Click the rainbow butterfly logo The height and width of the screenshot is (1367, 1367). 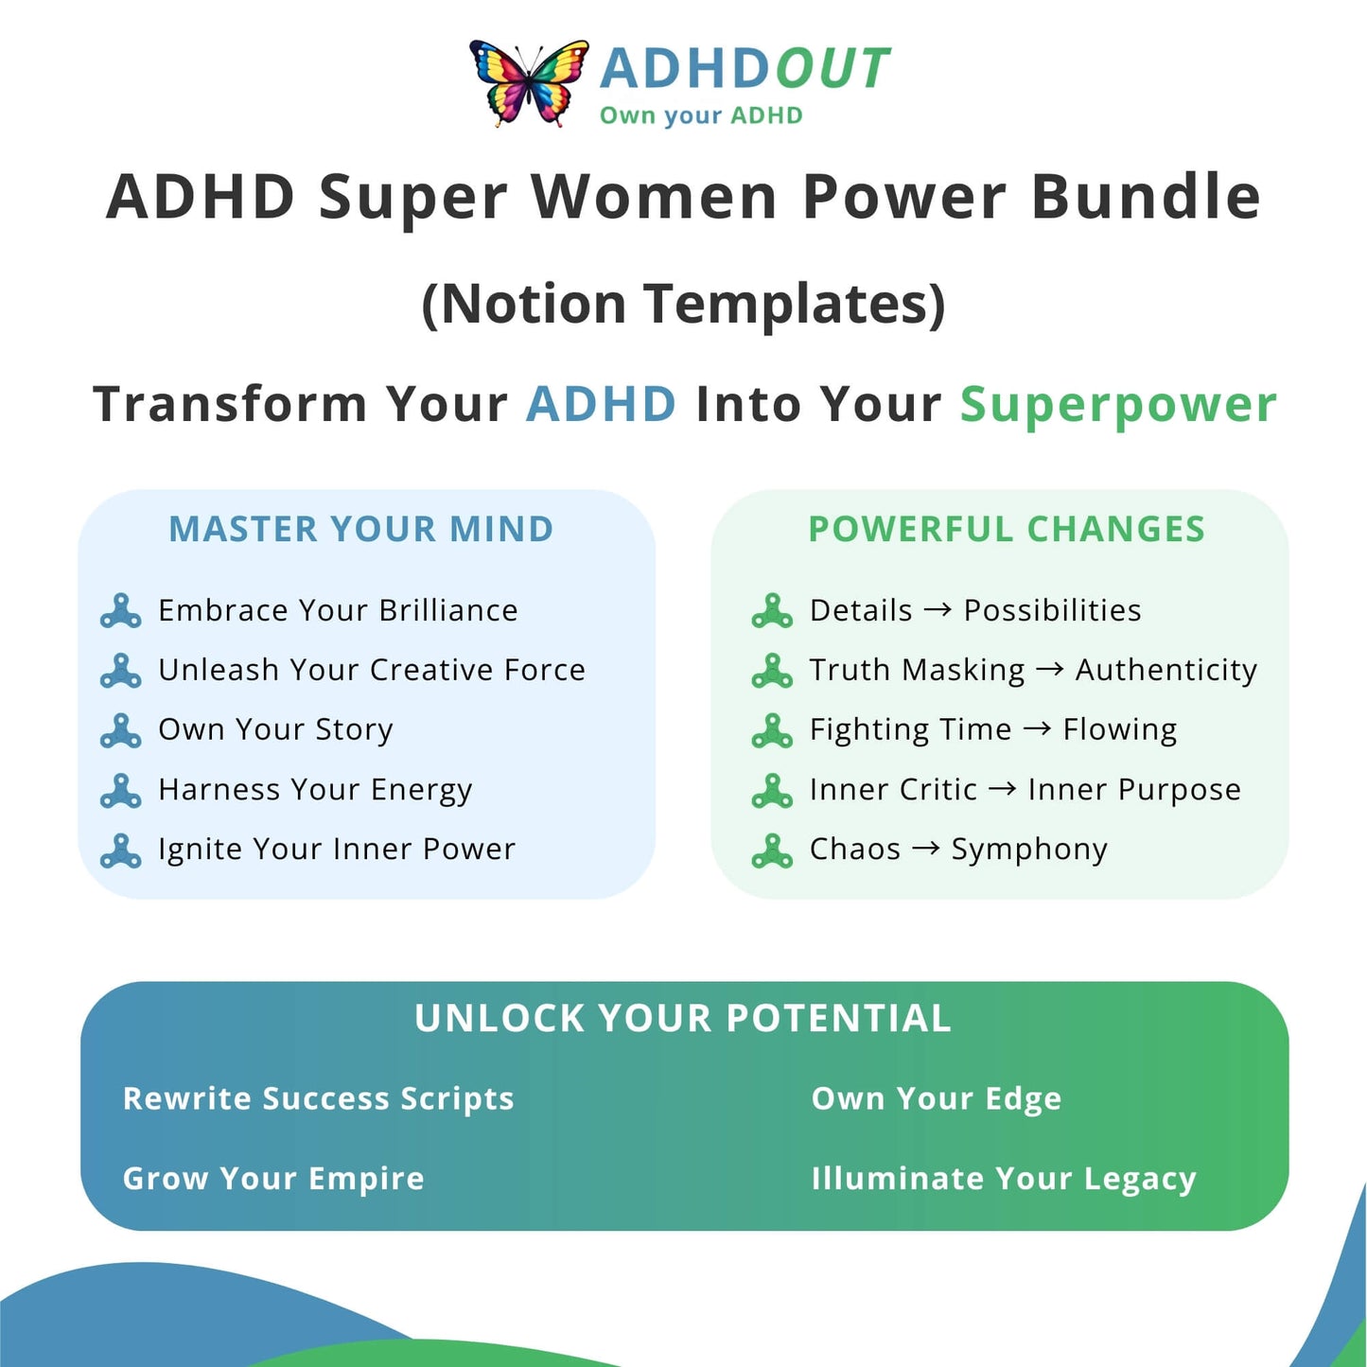point(529,83)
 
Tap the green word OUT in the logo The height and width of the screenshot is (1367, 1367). point(832,69)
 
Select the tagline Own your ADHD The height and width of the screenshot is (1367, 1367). point(701,114)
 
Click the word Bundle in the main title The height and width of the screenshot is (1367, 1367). point(1146,197)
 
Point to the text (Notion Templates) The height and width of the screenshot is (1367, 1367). point(683,304)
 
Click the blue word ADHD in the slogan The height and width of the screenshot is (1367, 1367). point(601,404)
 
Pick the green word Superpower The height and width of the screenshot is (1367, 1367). point(1119,407)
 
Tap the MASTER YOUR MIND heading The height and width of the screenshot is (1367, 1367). point(361,529)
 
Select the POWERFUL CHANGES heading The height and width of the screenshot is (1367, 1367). point(1007,529)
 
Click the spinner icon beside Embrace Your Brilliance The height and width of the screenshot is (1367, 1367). point(120,611)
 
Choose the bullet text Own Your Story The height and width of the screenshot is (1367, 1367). point(275,730)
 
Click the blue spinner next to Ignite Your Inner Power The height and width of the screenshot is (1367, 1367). point(120,850)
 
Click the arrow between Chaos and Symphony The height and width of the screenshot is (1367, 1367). point(926,849)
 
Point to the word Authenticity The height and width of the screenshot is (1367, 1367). point(1166,671)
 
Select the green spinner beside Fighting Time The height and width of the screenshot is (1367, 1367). point(772,730)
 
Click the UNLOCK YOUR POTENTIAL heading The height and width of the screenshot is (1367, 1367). point(682,1018)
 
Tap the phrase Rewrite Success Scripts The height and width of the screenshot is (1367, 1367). point(318,1099)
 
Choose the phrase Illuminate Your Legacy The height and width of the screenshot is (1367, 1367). point(1004,1179)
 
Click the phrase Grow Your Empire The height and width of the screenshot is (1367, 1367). point(273,1179)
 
